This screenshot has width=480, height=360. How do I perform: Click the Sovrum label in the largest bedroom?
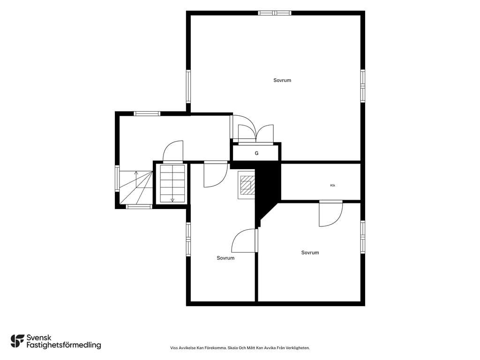tap(282, 80)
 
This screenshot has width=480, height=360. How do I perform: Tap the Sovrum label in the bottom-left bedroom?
tap(225, 258)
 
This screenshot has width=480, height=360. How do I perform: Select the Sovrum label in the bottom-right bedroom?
tap(310, 253)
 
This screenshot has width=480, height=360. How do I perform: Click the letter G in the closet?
tap(256, 153)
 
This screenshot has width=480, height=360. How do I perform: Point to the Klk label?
tap(333, 185)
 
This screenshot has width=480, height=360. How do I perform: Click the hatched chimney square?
tap(246, 186)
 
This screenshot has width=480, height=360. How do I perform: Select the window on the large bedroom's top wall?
tap(275, 13)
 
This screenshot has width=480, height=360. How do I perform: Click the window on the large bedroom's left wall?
tap(188, 87)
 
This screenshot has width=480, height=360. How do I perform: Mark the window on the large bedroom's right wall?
tap(362, 86)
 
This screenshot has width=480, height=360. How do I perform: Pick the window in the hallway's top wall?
tap(147, 113)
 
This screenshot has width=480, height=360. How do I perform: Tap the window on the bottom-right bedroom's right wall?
tap(362, 237)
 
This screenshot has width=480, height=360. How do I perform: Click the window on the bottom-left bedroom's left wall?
tap(188, 239)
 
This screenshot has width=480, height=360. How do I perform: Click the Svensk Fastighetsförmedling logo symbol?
tap(17, 341)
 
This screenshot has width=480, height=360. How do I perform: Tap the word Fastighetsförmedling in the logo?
tap(64, 345)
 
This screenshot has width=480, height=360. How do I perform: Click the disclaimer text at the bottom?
tap(240, 348)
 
